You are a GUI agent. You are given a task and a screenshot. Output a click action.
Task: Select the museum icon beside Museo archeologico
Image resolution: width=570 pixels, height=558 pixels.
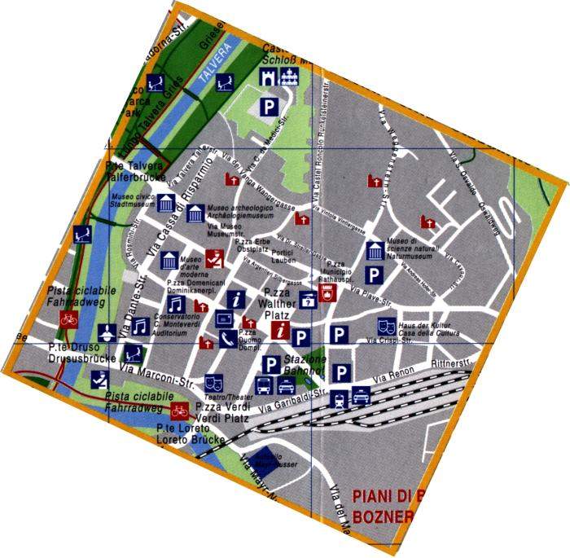point(195,213)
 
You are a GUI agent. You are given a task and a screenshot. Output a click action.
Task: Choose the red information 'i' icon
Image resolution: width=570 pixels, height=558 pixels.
point(280,329)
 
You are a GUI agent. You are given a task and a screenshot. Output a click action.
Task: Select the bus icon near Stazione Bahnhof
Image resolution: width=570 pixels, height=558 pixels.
point(265,385)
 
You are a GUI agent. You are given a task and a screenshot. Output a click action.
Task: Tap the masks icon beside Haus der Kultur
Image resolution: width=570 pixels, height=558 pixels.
point(387,326)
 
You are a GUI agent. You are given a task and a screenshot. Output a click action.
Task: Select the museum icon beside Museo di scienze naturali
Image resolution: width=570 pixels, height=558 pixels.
point(375,249)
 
